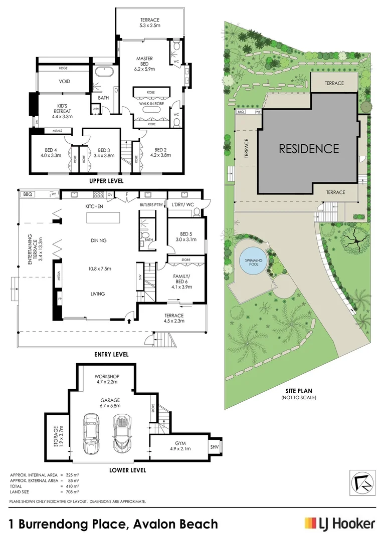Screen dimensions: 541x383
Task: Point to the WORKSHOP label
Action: click(107, 380)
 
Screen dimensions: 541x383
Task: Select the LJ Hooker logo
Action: click(340, 523)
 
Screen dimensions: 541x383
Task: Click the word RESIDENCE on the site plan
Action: click(309, 148)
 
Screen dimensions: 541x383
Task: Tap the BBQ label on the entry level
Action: click(27, 194)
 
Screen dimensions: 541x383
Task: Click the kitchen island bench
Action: click(103, 218)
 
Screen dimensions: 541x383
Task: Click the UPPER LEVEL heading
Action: click(106, 181)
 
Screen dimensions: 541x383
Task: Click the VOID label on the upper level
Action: click(64, 81)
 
